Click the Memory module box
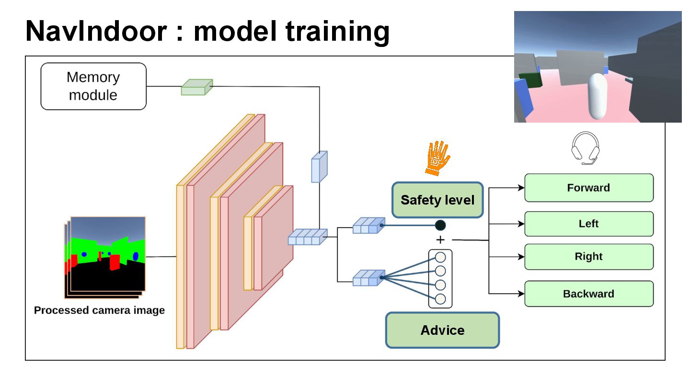click(93, 86)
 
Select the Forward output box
click(589, 188)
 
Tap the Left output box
click(589, 224)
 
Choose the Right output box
click(589, 257)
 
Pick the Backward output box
click(589, 294)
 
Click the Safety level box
click(437, 200)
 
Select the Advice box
click(442, 330)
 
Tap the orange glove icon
click(437, 158)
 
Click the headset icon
click(586, 148)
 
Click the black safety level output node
click(440, 225)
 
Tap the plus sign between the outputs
click(440, 240)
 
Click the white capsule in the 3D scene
click(598, 96)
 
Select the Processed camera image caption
click(99, 310)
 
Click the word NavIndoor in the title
click(96, 32)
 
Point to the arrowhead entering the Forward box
click(521, 188)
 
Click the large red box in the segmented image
click(115, 262)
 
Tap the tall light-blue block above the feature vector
click(319, 167)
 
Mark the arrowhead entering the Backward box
click(521, 294)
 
